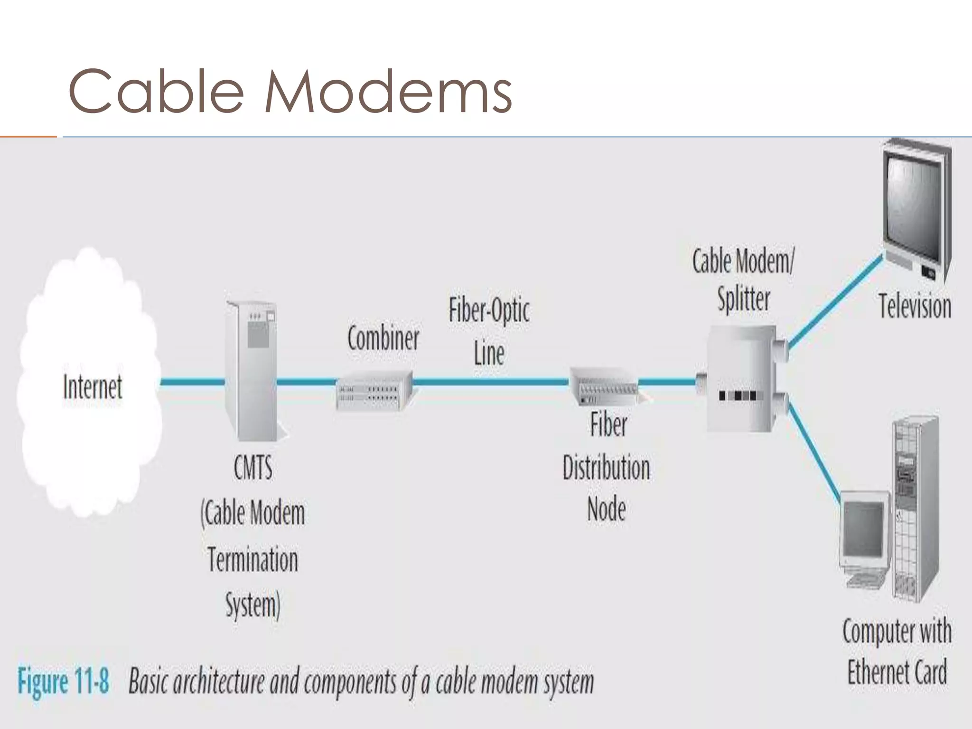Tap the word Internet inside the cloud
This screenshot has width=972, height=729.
93,387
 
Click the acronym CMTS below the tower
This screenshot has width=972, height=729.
253,467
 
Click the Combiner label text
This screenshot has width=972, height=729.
383,338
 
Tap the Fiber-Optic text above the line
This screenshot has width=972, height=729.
489,311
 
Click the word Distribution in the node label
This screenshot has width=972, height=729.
606,467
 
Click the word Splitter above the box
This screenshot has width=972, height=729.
744,299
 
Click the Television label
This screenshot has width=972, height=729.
915,306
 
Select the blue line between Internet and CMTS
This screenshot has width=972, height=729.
192,382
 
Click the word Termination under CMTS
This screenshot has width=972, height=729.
252,560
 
